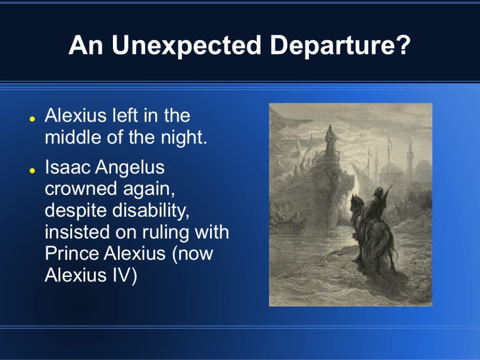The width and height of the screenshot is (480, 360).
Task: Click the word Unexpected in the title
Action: click(x=187, y=45)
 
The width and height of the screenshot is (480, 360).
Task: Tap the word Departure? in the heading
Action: click(x=340, y=45)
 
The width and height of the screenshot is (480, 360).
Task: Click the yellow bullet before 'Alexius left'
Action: click(x=32, y=119)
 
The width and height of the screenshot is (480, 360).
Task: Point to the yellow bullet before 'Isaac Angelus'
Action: click(x=32, y=171)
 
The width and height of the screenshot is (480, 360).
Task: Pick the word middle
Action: click(x=74, y=137)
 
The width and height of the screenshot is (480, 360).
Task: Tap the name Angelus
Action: click(x=130, y=168)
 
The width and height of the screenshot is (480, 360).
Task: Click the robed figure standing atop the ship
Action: click(x=330, y=138)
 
